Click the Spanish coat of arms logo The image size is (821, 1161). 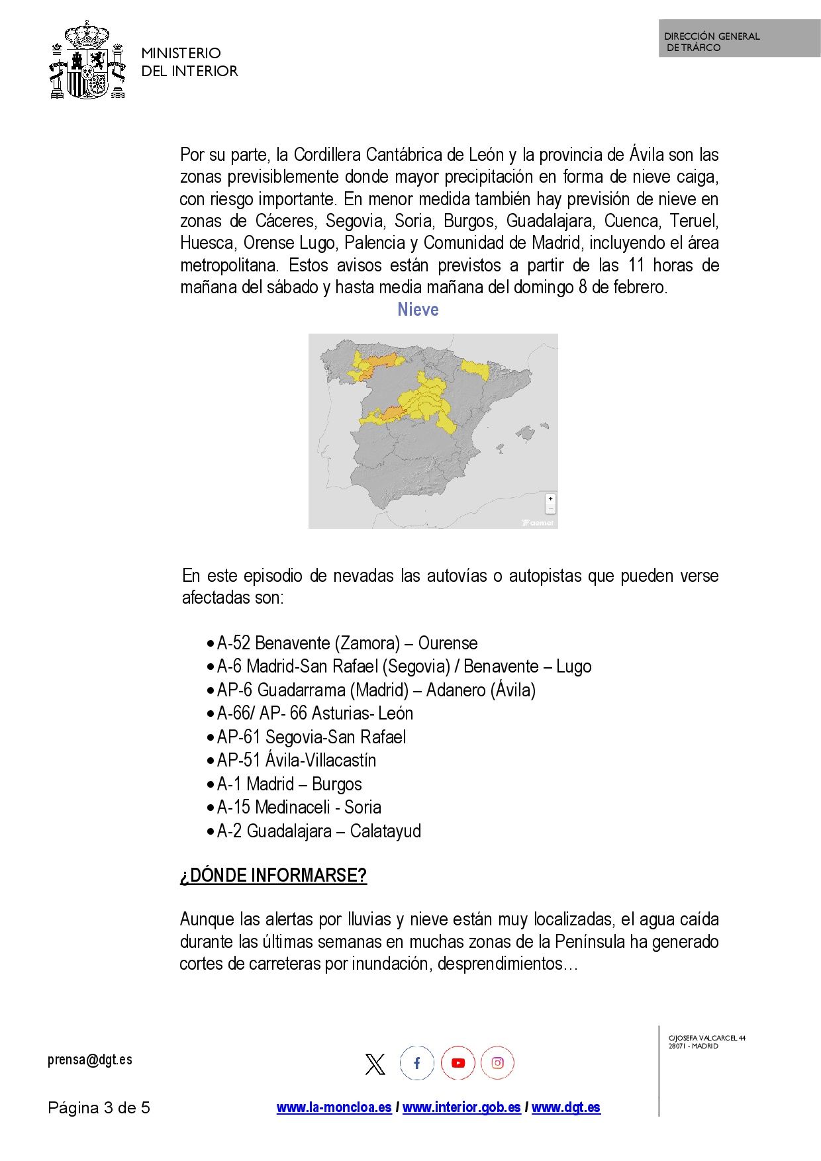(87, 60)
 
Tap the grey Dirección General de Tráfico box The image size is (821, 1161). (739, 38)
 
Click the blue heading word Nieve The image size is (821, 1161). (418, 309)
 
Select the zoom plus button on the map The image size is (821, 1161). (550, 499)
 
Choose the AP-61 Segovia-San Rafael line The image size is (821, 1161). (311, 737)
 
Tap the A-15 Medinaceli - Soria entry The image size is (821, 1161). (299, 807)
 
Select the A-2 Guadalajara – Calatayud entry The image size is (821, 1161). (318, 831)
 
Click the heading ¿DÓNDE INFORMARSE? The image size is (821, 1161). (273, 875)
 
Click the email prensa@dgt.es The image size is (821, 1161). (90, 1059)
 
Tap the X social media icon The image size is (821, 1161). (375, 1064)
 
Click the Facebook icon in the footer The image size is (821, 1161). (416, 1063)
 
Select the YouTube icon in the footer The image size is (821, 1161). (458, 1063)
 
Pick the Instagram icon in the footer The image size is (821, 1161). (497, 1063)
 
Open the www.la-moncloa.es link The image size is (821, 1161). (334, 1107)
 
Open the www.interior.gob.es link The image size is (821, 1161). (461, 1107)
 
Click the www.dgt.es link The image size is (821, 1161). (566, 1107)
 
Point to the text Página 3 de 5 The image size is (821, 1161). (99, 1107)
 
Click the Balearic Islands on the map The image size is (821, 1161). (527, 434)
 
